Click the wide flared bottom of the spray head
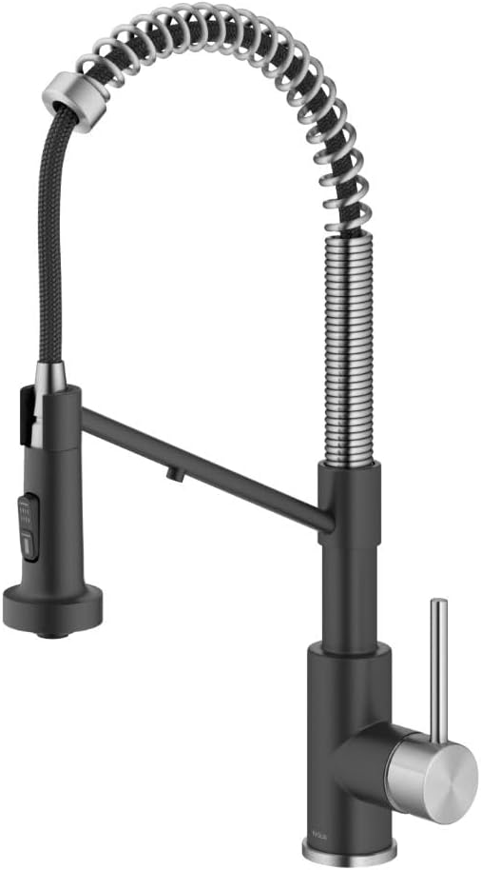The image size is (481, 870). (52, 602)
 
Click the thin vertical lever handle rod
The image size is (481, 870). (438, 666)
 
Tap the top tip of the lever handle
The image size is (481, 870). (438, 603)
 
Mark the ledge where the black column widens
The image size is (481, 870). (348, 649)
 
